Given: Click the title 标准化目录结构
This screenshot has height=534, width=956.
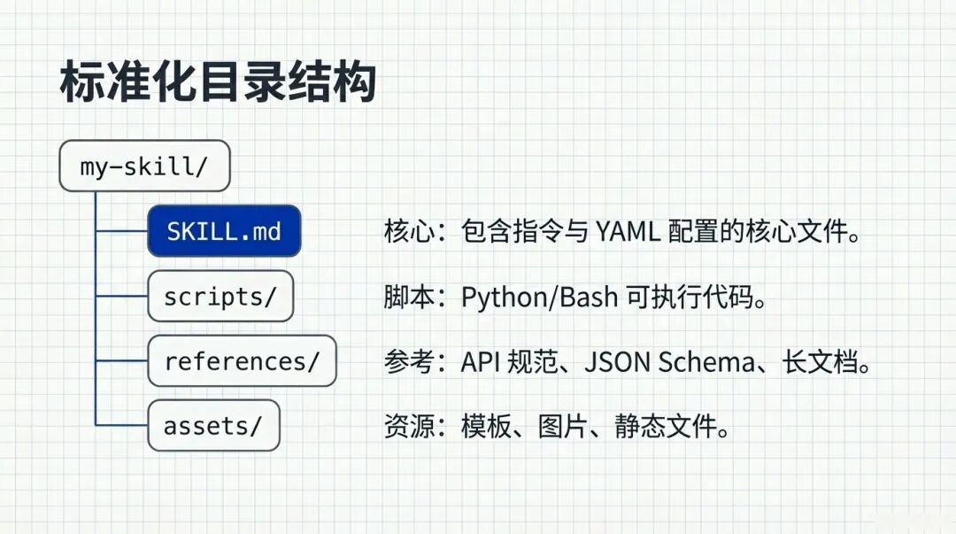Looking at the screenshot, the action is (218, 82).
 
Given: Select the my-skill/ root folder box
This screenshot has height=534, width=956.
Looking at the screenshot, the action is (144, 166).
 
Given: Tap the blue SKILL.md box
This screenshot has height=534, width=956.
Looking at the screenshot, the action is (224, 231).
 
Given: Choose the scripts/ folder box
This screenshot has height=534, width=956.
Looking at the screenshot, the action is (220, 296).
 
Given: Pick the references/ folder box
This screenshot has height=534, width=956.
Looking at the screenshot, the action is (242, 360).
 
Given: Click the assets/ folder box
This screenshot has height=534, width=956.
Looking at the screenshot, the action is (213, 425).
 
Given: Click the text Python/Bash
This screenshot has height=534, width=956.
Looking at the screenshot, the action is (539, 297).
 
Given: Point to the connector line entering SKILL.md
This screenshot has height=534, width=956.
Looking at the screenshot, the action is (121, 231).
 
